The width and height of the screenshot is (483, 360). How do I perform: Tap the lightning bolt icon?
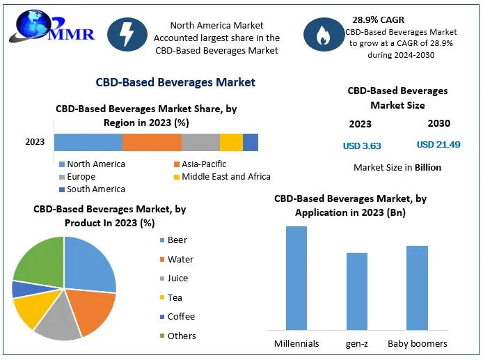tap(127, 34)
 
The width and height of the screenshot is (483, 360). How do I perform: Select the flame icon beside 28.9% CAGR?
tap(324, 35)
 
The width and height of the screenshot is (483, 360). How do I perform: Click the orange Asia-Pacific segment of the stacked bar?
tap(152, 142)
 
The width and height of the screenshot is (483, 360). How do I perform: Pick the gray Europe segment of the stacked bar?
tap(200, 142)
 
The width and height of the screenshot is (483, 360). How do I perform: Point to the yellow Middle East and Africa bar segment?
tap(231, 142)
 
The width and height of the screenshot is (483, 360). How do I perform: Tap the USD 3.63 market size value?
tap(362, 146)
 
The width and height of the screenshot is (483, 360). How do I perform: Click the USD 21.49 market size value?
tap(439, 145)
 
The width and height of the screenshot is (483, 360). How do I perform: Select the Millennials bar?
tap(296, 278)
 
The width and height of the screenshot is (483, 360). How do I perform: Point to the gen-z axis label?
tap(356, 344)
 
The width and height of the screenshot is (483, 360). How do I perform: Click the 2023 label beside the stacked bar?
tap(35, 142)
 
